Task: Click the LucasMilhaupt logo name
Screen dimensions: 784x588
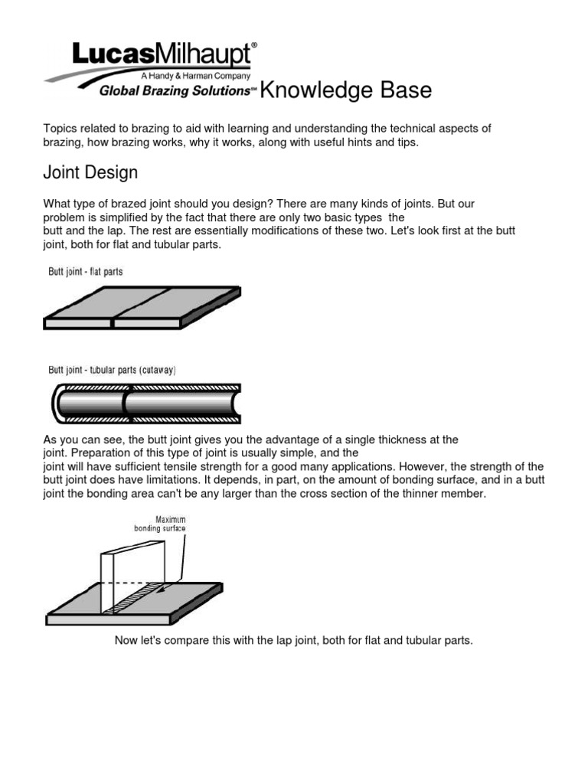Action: [163, 55]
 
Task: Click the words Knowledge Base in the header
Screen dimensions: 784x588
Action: [346, 91]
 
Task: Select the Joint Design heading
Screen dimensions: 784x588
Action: [90, 173]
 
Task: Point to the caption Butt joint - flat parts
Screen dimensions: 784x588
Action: [86, 272]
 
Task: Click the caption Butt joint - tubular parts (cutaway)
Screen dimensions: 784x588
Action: [113, 370]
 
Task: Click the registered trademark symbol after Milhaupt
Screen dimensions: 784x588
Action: [254, 47]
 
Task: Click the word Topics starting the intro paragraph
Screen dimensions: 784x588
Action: [59, 129]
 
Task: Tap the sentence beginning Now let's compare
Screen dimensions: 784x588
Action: [294, 640]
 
